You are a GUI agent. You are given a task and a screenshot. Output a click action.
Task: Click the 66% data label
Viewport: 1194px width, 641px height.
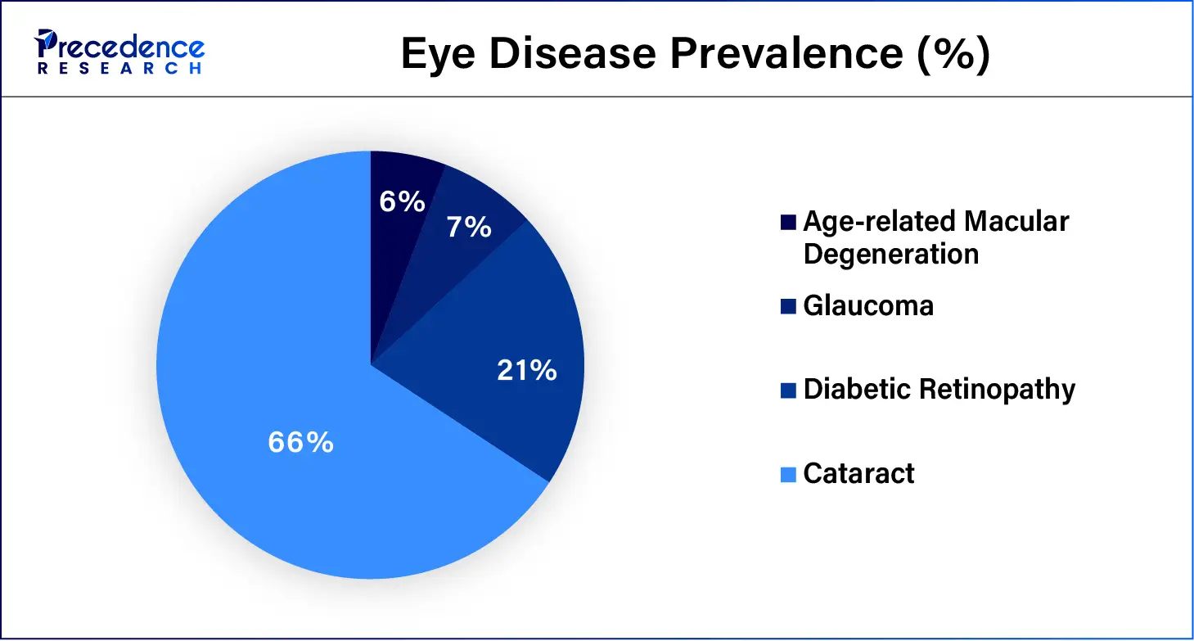300,443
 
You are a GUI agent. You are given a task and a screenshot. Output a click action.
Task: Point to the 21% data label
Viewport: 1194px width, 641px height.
527,371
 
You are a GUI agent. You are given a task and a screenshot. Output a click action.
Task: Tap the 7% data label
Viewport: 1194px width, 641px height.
469,227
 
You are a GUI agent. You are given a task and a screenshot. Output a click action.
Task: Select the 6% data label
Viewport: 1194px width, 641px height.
402,201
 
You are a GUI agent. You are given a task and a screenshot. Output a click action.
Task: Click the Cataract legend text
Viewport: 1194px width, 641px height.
858,473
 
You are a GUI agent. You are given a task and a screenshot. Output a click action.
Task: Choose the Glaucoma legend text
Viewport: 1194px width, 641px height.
868,305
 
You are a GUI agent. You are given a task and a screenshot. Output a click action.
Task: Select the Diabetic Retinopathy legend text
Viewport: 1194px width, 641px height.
939,389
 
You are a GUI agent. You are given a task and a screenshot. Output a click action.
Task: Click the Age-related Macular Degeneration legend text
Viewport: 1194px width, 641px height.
935,237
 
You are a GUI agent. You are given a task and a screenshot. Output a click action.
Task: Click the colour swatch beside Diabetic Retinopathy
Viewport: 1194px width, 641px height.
789,390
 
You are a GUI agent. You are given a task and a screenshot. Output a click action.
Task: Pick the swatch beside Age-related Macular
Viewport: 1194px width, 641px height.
789,222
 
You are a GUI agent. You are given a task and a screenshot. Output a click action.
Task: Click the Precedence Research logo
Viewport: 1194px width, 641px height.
119,52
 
